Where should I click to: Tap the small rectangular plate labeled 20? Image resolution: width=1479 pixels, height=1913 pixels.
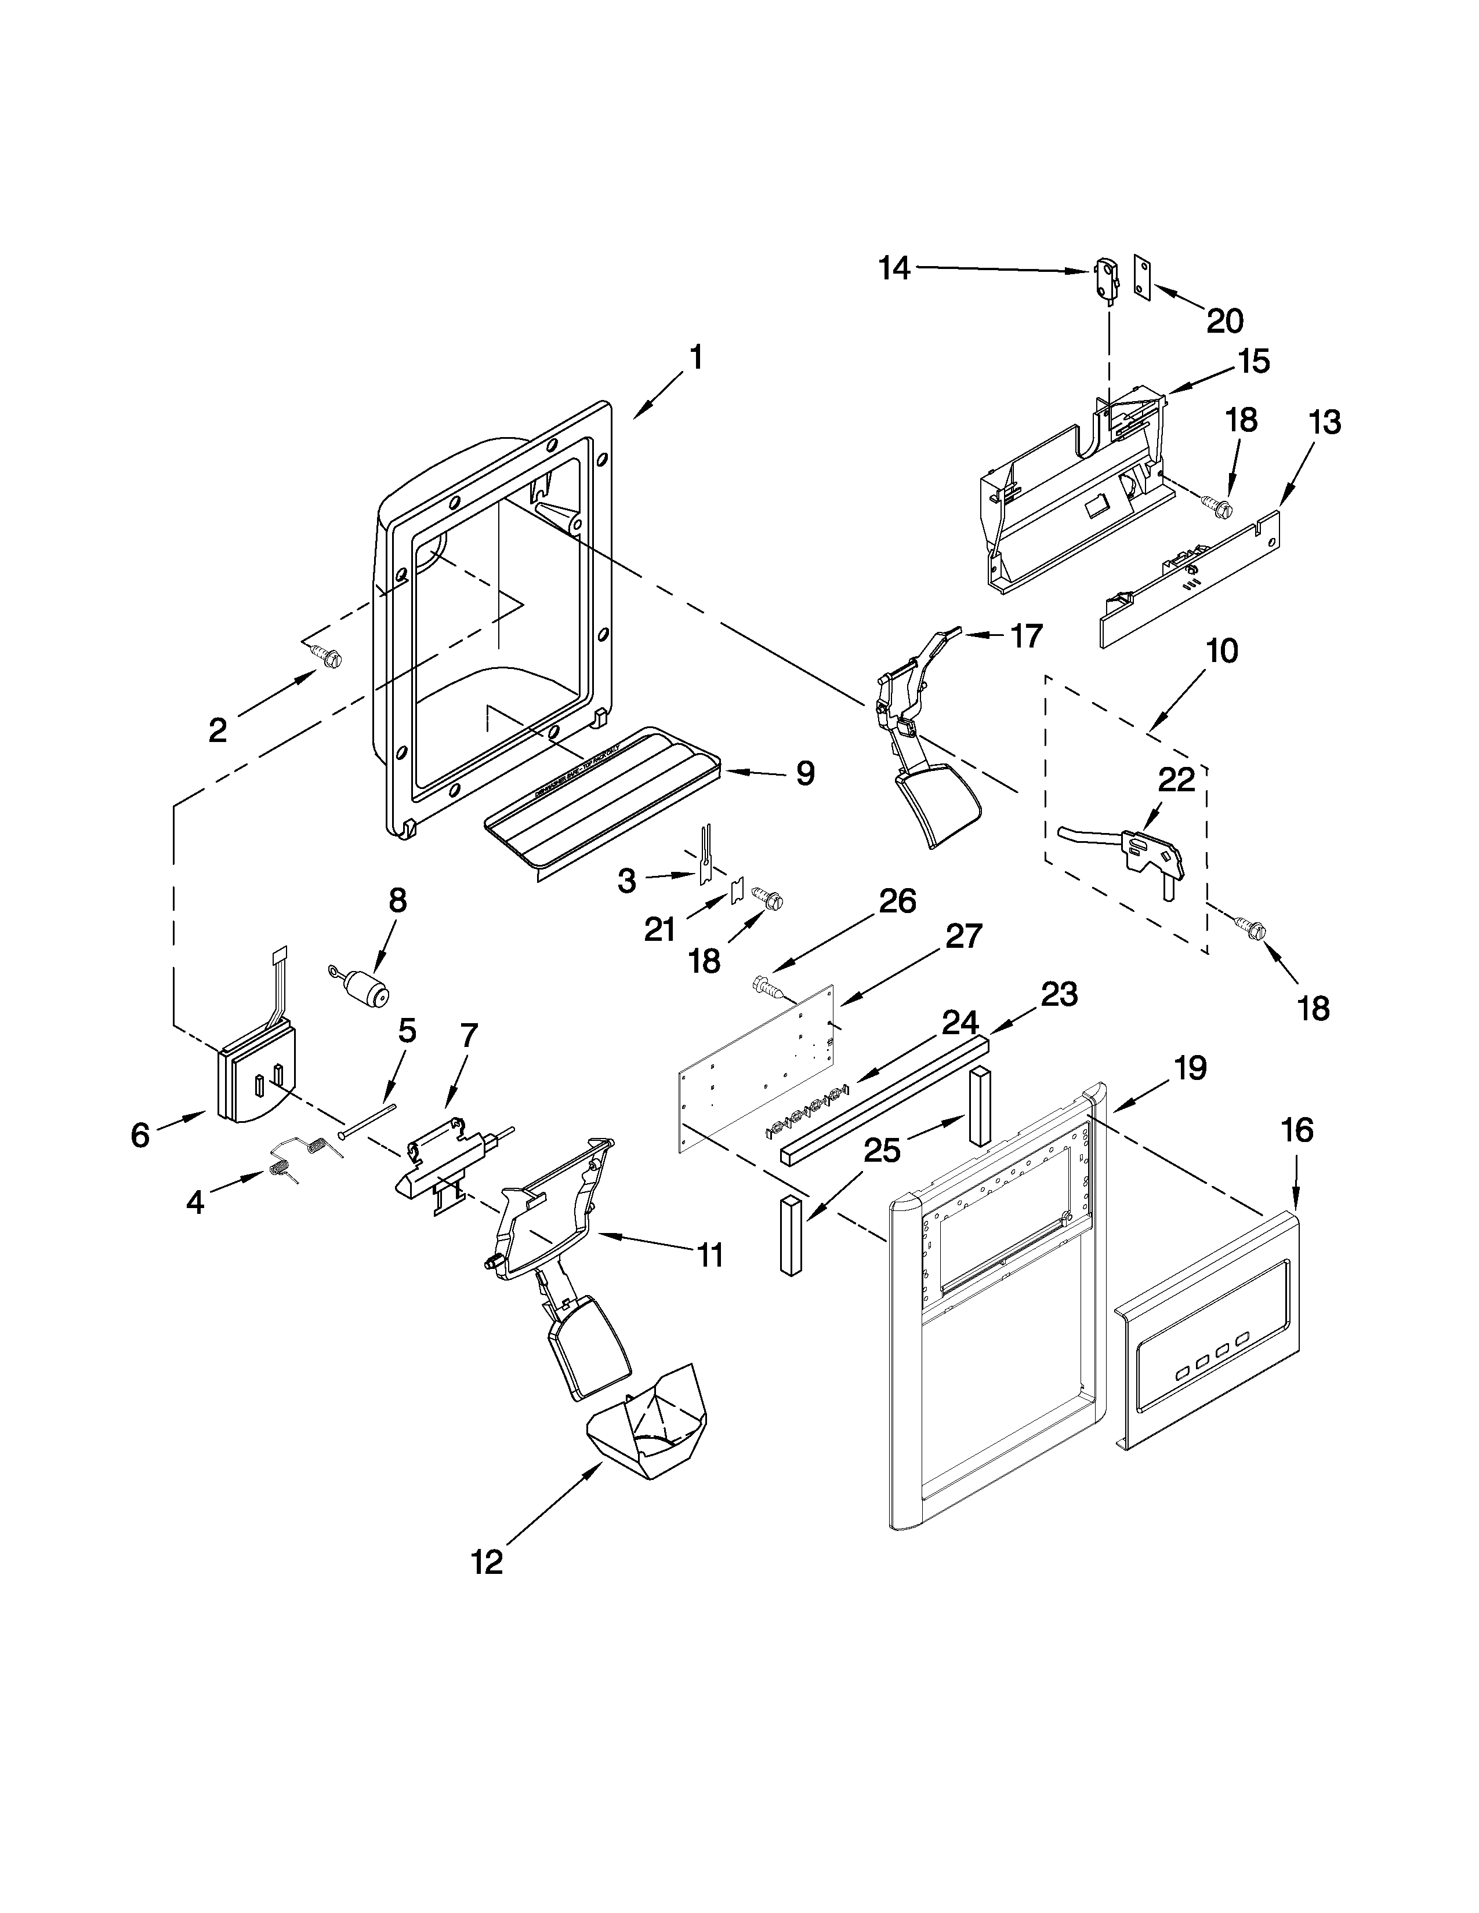click(1141, 278)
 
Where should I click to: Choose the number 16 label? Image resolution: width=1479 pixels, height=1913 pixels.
click(1297, 1131)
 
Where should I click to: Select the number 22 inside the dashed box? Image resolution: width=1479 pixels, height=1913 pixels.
click(1176, 780)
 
